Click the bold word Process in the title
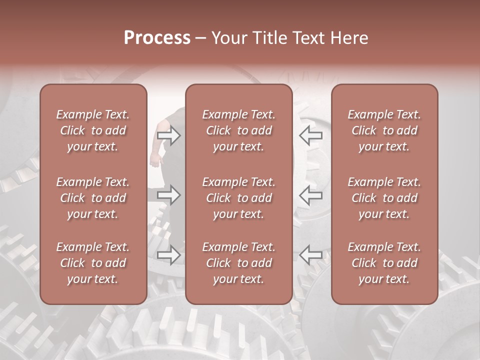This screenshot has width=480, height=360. (157, 38)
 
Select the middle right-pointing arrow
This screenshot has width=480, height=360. (169, 195)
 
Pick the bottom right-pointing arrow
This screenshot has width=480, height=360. (169, 255)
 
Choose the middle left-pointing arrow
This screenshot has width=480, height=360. (310, 195)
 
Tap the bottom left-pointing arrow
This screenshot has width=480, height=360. (310, 255)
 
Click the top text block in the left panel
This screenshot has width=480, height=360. (93, 130)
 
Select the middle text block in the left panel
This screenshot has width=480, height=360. (93, 198)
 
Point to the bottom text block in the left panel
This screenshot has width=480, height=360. (93, 263)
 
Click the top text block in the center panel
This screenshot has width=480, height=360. (239, 130)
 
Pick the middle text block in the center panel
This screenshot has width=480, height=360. (239, 198)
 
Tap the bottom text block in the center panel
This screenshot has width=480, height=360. (239, 263)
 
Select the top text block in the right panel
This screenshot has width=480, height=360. (384, 130)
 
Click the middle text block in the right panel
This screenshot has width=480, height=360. (384, 198)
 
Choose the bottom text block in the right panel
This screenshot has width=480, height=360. (384, 263)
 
